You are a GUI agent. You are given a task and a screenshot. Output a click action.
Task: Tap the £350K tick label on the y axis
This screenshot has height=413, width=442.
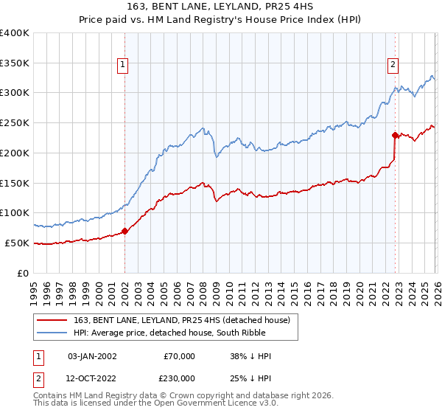click(15, 63)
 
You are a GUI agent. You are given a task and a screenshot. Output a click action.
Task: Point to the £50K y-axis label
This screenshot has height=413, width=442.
click(17, 243)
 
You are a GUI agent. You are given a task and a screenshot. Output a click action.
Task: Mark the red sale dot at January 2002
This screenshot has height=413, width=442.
click(124, 231)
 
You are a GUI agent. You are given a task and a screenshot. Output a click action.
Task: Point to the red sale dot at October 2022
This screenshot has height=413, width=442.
click(395, 135)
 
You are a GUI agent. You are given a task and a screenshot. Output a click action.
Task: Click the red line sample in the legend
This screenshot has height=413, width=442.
click(52, 320)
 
